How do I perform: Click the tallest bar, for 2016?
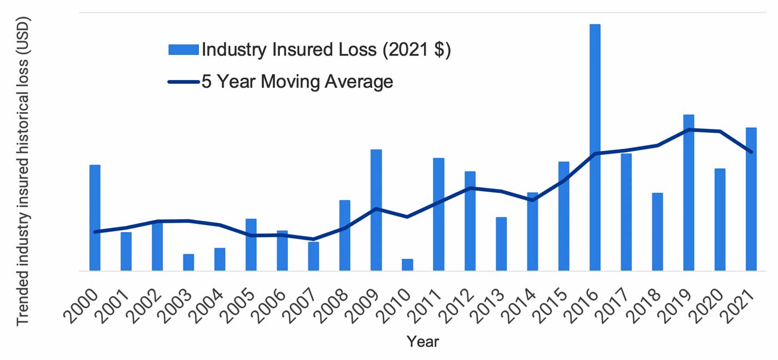pos(595,147)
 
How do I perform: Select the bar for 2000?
pos(95,218)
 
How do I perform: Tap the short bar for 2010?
pos(407,265)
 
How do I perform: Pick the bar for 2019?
pos(689,193)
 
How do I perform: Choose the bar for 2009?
pos(376,210)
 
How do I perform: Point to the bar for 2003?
pos(189,262)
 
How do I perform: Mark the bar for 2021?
pos(751,199)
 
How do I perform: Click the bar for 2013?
pos(501,244)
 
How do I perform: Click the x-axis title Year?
pos(422,341)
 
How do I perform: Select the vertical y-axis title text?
pos(23,171)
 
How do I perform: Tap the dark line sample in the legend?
pos(183,82)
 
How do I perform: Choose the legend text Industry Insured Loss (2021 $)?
pos(326,50)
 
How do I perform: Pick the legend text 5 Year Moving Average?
pos(297,82)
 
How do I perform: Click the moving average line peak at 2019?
pos(689,130)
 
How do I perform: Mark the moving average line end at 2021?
pos(751,152)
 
